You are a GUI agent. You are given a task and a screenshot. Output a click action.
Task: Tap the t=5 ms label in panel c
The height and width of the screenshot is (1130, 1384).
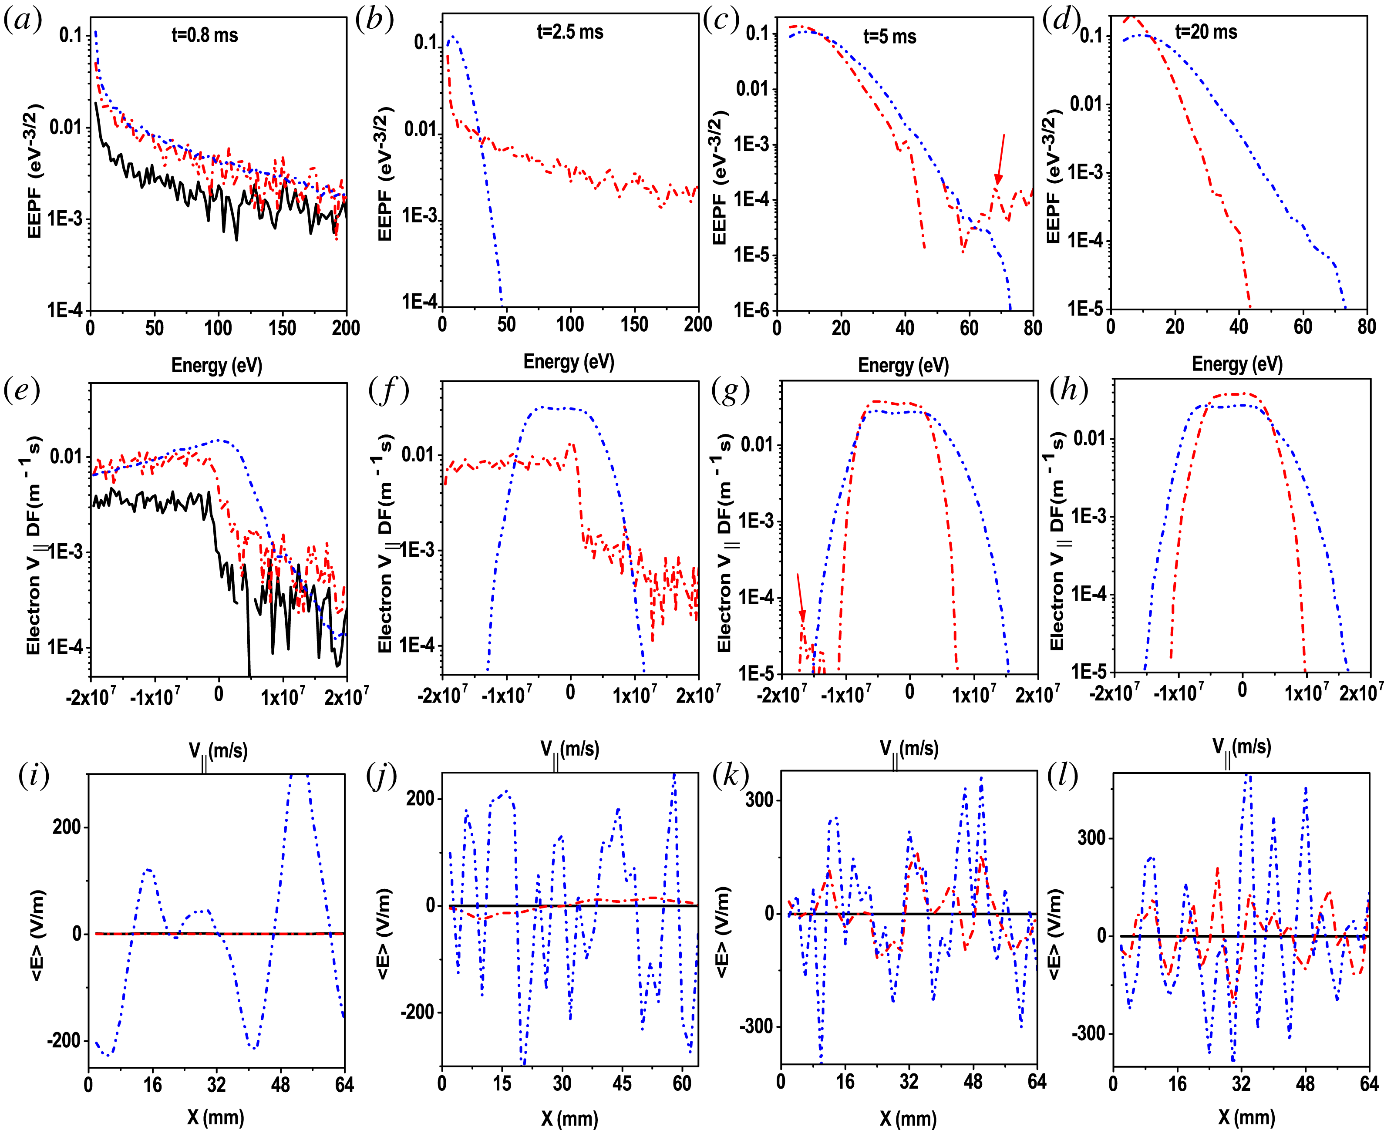(x=889, y=37)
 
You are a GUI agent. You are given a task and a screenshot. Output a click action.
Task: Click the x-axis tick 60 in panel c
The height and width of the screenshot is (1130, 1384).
(x=969, y=327)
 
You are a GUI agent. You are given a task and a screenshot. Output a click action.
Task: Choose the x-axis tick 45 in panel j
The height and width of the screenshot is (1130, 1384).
(x=622, y=1083)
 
